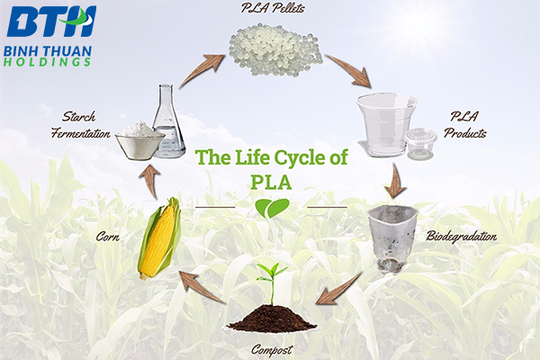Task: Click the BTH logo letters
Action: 51,22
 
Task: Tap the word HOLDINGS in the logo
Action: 47,62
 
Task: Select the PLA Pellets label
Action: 273,7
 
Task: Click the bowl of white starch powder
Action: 139,141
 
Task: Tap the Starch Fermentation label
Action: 81,125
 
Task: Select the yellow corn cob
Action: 160,238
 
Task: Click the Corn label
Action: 108,237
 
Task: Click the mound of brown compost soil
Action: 272,318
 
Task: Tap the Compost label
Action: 272,350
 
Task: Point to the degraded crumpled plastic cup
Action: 391,238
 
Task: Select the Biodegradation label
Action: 462,237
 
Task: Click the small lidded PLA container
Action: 421,143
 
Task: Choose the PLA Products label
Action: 465,125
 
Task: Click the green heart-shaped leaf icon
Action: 272,208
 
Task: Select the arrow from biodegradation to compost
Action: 339,289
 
